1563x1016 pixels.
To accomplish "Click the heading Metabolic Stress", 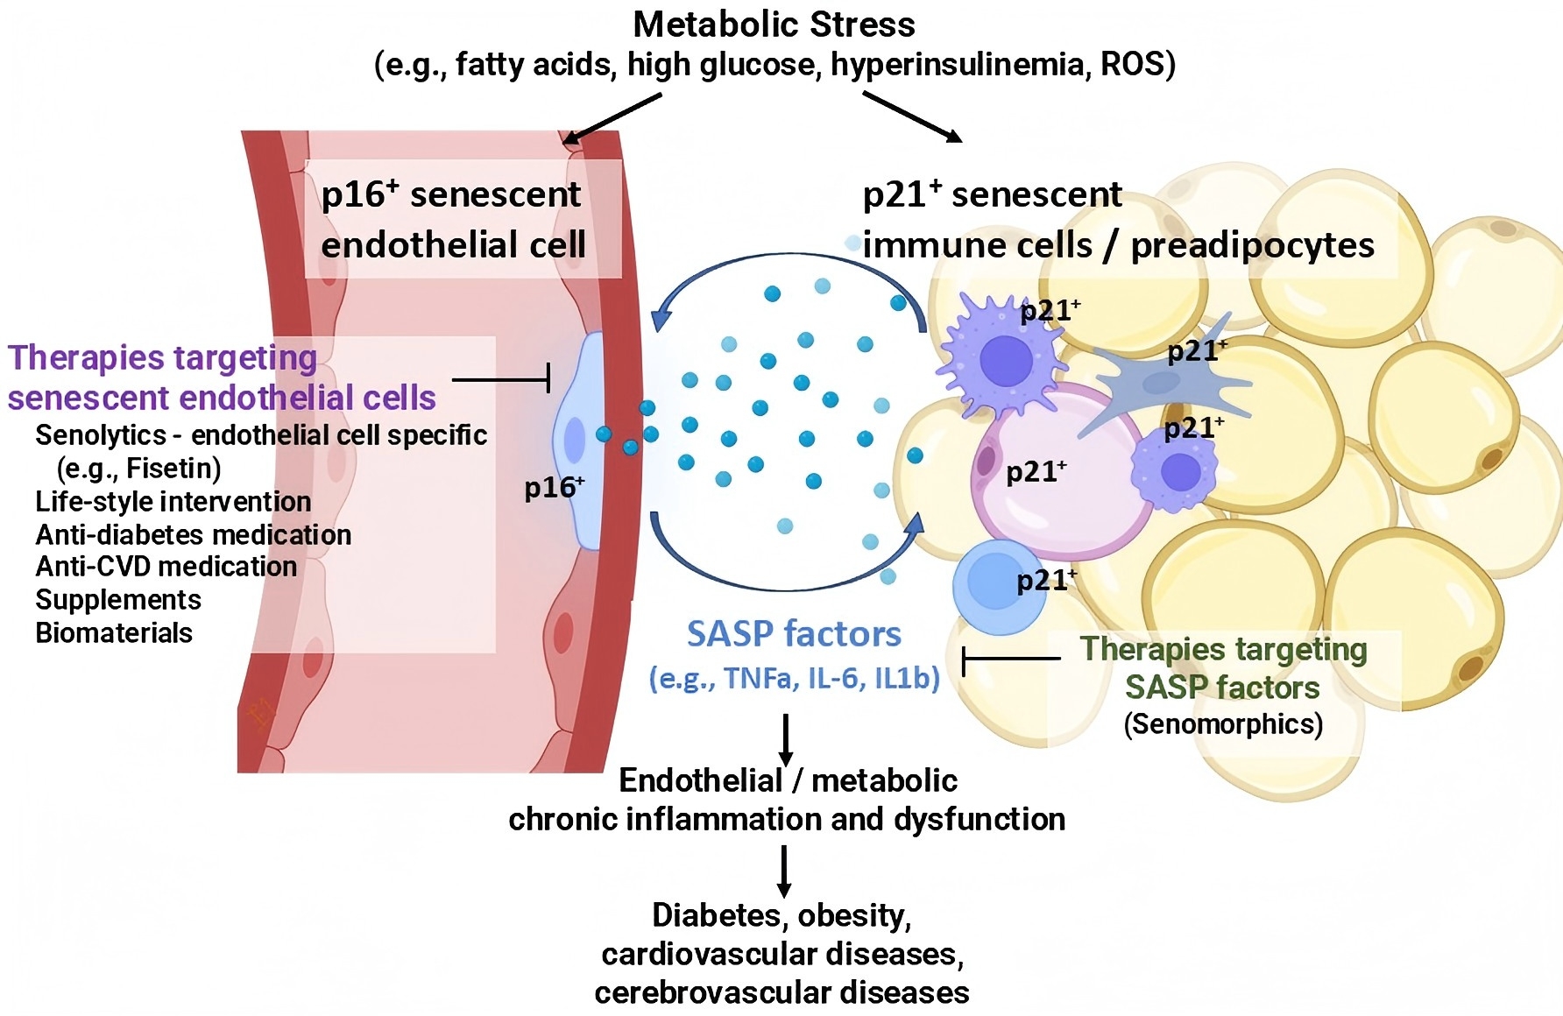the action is pos(774,25).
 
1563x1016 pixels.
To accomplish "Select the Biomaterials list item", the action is pos(114,632).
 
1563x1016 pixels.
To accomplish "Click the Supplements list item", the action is pos(118,600).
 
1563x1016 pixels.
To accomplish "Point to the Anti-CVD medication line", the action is pos(166,567).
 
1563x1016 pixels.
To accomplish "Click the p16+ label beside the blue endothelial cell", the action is pos(554,487).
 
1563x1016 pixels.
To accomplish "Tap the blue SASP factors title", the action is pos(794,633).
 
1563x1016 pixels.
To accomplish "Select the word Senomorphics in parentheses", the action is pos(1223,724).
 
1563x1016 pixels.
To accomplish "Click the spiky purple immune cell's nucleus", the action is pos(1006,361).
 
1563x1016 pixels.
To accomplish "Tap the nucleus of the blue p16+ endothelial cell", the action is pos(575,440).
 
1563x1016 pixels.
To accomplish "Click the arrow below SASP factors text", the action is pos(786,740).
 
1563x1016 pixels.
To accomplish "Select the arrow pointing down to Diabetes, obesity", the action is pos(784,871).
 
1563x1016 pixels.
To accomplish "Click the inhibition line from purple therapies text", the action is pos(501,380).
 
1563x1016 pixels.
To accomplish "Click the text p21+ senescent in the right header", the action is pos(992,194).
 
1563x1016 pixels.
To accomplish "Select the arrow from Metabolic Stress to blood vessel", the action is pos(612,118).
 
